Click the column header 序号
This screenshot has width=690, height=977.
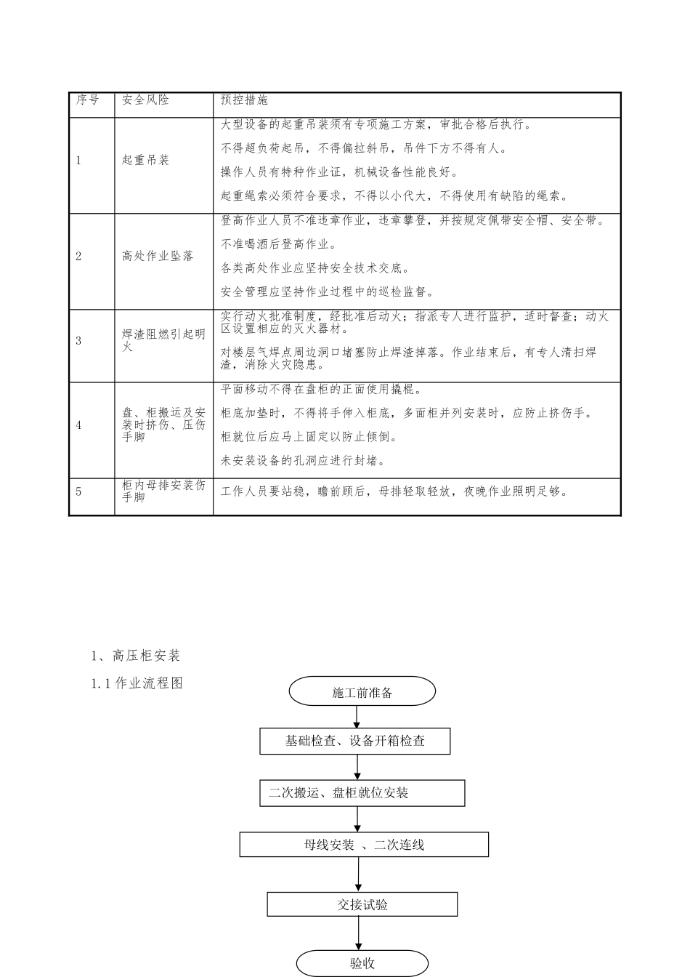(x=88, y=100)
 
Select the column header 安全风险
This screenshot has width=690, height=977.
(x=145, y=100)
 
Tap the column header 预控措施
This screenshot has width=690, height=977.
(x=244, y=100)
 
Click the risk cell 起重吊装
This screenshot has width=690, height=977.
(x=145, y=161)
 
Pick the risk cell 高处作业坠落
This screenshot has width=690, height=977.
(x=158, y=256)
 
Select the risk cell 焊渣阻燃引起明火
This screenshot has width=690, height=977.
(x=163, y=341)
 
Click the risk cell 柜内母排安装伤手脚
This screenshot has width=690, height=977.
(x=163, y=491)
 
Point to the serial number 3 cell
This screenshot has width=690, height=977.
(x=79, y=341)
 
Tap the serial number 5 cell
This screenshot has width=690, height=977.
(x=79, y=491)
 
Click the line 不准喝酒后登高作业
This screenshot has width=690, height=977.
(x=278, y=244)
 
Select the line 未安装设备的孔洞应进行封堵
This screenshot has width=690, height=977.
(x=303, y=461)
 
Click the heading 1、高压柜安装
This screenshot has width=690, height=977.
(x=136, y=656)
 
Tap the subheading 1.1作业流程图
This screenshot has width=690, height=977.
(x=137, y=683)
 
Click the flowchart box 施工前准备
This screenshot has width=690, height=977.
(x=362, y=692)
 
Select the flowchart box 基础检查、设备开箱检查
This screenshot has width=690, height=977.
(x=355, y=741)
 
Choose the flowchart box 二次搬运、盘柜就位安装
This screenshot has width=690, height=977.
(x=362, y=793)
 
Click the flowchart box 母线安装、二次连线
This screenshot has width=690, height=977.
(x=364, y=845)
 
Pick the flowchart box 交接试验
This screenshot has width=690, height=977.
(x=362, y=905)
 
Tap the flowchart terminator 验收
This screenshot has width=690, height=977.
(x=362, y=964)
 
